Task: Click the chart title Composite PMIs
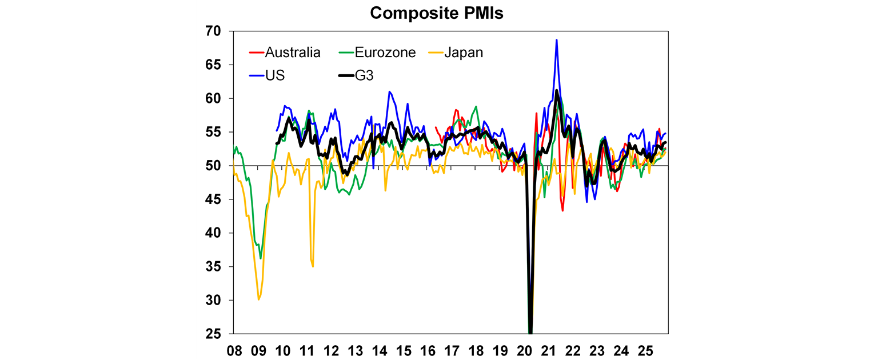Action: click(437, 13)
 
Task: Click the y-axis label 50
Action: click(216, 166)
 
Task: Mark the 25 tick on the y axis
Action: click(216, 334)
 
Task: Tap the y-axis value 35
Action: click(216, 266)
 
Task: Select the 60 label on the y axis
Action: click(216, 98)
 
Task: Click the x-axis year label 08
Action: click(234, 349)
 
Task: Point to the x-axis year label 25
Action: click(645, 349)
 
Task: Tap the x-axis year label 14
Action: click(379, 349)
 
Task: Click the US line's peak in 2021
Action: click(556, 40)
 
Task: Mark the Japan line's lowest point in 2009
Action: click(259, 299)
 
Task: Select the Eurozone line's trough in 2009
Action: click(261, 258)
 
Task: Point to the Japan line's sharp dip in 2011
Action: click(313, 266)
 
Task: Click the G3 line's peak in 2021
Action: click(556, 90)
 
